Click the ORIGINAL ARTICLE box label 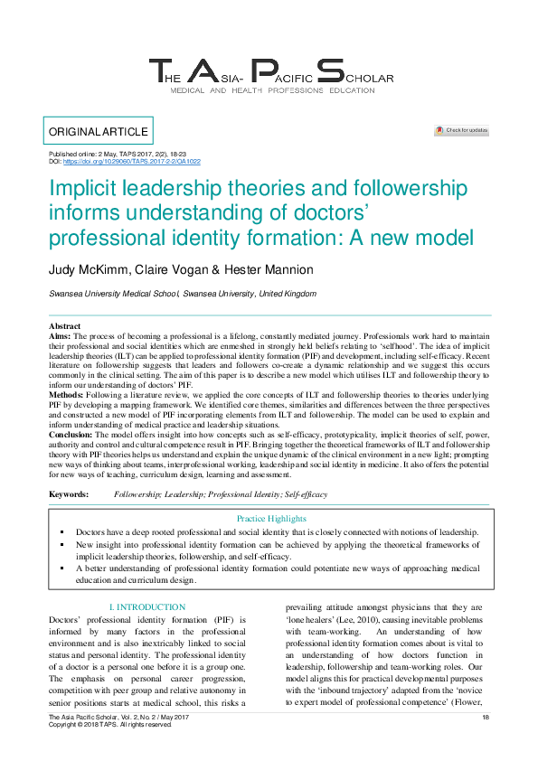coord(99,132)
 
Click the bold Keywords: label coord(68,495)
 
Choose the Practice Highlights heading coord(271,519)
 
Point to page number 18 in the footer coord(486,718)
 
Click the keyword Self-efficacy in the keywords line coord(306,495)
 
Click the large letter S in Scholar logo coord(332,73)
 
